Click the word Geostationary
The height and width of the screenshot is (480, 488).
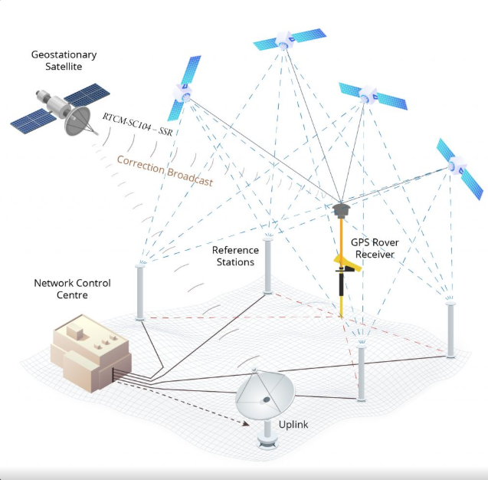pos(64,55)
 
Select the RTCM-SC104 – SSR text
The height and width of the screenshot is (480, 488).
pos(137,124)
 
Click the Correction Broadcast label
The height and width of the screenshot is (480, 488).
pos(165,170)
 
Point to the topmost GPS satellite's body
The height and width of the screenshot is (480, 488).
pos(284,40)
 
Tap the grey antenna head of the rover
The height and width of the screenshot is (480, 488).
pos(341,210)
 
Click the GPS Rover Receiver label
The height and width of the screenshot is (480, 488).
pos(375,248)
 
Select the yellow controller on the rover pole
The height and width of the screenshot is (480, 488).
pos(348,264)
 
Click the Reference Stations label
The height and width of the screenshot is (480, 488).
pos(235,256)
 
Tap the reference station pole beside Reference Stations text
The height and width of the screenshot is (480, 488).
pos(267,266)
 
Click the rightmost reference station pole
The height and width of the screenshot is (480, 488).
pos(450,330)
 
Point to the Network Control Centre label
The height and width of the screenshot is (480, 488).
pos(72,289)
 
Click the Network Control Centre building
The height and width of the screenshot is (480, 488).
pos(91,353)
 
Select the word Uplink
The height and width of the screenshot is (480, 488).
pos(293,425)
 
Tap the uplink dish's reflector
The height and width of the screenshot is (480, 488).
pos(265,394)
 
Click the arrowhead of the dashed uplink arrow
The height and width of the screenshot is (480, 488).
pos(246,423)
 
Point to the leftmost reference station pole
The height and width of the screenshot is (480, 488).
pos(140,292)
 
